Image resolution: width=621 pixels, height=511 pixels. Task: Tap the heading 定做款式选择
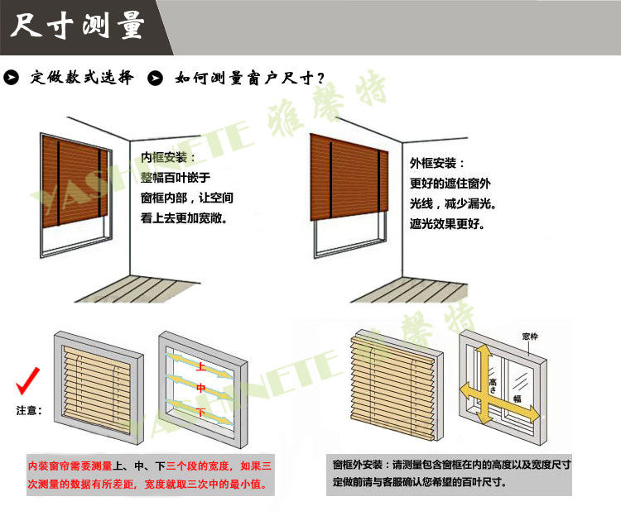coord(82,77)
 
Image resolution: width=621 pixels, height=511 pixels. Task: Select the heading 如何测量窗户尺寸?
coord(249,78)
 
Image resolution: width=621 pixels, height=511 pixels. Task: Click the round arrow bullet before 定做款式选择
coord(11,78)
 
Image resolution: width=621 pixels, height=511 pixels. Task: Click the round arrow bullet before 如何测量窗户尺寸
coord(156,78)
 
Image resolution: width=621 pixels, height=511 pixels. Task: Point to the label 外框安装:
coord(436,163)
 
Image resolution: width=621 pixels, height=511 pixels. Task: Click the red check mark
coord(27,381)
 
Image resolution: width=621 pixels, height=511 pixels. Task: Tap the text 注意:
coord(29,411)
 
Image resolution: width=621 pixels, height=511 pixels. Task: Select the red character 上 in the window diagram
coord(201,367)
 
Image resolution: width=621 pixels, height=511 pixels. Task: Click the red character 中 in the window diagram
coord(201,388)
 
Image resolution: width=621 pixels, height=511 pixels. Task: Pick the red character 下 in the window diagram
coord(201,413)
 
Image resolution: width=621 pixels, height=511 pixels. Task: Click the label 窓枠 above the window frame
coord(530,337)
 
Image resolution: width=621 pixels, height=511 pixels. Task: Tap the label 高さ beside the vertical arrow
coord(493,385)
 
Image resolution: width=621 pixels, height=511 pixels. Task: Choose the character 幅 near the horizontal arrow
coord(517,399)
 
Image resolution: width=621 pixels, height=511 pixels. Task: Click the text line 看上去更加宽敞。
coord(184,218)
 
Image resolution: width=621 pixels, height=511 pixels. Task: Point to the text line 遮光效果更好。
coord(447,224)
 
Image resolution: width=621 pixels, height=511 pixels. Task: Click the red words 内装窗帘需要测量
coord(70,466)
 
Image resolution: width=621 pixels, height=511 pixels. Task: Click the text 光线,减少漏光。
coord(453,203)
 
